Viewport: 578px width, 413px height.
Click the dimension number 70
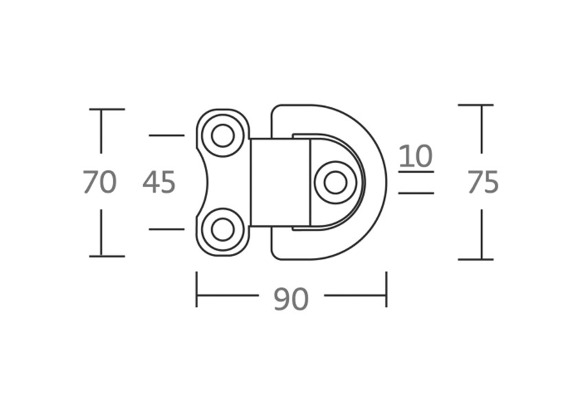pyautogui.click(x=100, y=182)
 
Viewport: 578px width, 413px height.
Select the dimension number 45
pyautogui.click(x=160, y=182)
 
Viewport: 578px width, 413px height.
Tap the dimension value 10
pyautogui.click(x=416, y=156)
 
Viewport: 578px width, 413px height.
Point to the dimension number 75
pyautogui.click(x=482, y=182)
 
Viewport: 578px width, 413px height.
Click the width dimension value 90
pyautogui.click(x=291, y=299)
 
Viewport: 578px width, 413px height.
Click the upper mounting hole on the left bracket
pyautogui.click(x=222, y=136)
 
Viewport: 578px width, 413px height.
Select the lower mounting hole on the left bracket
pyautogui.click(x=222, y=229)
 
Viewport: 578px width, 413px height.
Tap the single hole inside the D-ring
pyautogui.click(x=335, y=182)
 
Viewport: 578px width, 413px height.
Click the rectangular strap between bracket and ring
pyautogui.click(x=279, y=182)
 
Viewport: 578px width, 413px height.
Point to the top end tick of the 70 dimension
pyautogui.click(x=107, y=109)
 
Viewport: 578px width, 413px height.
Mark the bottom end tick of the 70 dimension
pyautogui.click(x=107, y=256)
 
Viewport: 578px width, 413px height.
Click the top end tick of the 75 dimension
pyautogui.click(x=475, y=105)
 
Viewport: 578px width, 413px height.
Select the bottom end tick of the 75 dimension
pyautogui.click(x=475, y=260)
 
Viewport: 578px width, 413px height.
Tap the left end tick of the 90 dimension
pyautogui.click(x=197, y=289)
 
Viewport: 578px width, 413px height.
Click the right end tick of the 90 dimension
pyautogui.click(x=386, y=289)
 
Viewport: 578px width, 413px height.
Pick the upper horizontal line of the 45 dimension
pyautogui.click(x=167, y=136)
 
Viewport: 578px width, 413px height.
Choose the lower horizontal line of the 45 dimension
pyautogui.click(x=167, y=229)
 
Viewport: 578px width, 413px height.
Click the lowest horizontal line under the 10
pyautogui.click(x=416, y=193)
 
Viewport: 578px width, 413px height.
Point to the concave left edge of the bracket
pyautogui.click(x=207, y=182)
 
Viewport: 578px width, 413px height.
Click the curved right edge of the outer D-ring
pyautogui.click(x=385, y=182)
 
